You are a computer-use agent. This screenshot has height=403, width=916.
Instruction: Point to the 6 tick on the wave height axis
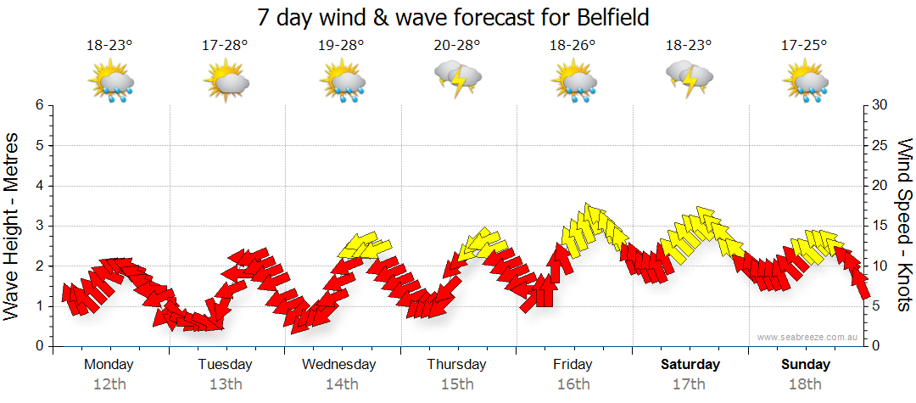pyautogui.click(x=39, y=105)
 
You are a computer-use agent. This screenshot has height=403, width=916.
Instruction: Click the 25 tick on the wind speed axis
pyautogui.click(x=880, y=145)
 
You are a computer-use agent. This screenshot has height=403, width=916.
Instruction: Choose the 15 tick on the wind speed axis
pyautogui.click(x=880, y=226)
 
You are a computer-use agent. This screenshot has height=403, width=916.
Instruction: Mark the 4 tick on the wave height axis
pyautogui.click(x=39, y=186)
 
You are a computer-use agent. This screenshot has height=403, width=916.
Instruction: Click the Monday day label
pyautogui.click(x=109, y=365)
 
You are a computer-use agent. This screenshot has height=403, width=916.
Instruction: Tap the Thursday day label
pyautogui.click(x=456, y=365)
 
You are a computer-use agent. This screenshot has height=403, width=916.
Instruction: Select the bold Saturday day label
pyautogui.click(x=690, y=365)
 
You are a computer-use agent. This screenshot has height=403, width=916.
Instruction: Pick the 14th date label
pyautogui.click(x=341, y=384)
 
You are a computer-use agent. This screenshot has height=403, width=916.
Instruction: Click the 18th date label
pyautogui.click(x=806, y=384)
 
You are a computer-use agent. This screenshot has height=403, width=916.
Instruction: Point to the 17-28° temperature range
pyautogui.click(x=226, y=45)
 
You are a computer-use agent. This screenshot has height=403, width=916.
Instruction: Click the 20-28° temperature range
pyautogui.click(x=457, y=45)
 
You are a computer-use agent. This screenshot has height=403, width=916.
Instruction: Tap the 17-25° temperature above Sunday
pyautogui.click(x=805, y=45)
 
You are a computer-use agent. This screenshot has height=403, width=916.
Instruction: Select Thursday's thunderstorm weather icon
pyautogui.click(x=458, y=79)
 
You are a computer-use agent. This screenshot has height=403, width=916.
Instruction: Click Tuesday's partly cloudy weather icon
pyautogui.click(x=226, y=83)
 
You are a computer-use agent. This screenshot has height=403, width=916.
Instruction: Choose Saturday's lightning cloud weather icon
pyautogui.click(x=690, y=79)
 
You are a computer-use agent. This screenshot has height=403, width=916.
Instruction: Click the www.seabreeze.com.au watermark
pyautogui.click(x=808, y=338)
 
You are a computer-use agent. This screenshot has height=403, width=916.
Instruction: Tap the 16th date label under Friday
pyautogui.click(x=573, y=384)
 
